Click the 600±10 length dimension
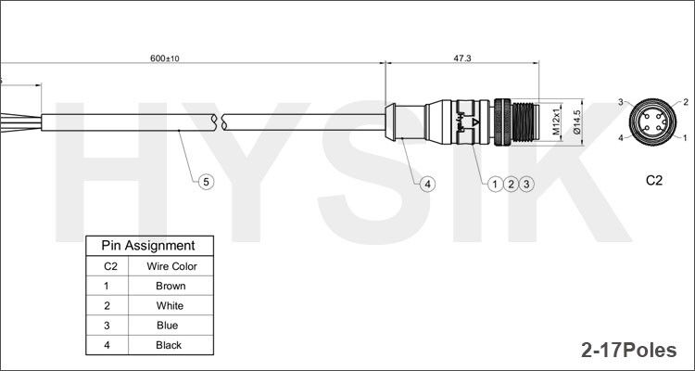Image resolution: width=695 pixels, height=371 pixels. tap(165, 58)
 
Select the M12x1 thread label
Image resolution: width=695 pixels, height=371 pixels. tap(557, 122)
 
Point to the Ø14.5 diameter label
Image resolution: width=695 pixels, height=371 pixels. tap(576, 122)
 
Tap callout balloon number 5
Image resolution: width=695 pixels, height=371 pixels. tap(207, 182)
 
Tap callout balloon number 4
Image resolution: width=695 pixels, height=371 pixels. tap(427, 184)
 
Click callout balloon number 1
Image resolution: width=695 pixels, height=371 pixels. tap(496, 184)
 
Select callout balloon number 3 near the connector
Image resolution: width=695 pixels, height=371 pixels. tap(526, 184)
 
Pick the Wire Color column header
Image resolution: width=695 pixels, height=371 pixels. tap(171, 266)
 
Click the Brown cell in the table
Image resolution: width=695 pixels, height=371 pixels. tap(171, 286)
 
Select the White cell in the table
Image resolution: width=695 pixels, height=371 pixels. tap(171, 305)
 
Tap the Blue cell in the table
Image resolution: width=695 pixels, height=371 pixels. tap(171, 326)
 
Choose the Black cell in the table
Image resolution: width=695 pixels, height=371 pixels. tap(171, 345)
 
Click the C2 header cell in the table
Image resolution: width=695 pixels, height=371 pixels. tap(107, 266)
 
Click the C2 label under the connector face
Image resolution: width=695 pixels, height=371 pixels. tap(654, 181)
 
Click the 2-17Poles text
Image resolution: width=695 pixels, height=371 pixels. tap(629, 350)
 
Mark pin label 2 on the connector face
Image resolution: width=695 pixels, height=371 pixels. tap(686, 101)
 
